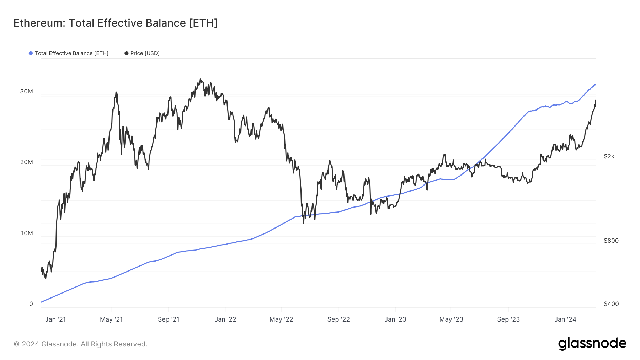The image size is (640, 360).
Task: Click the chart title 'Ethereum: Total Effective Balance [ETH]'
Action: click(x=115, y=23)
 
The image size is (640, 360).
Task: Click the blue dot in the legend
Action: click(x=31, y=53)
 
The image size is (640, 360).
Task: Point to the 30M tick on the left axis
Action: click(x=26, y=91)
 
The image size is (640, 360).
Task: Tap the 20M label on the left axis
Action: click(x=26, y=162)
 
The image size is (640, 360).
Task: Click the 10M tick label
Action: click(x=27, y=233)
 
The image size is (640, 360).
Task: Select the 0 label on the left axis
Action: click(x=31, y=304)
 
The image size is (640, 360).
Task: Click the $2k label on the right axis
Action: click(x=609, y=156)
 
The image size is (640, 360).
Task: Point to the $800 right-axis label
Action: click(x=611, y=241)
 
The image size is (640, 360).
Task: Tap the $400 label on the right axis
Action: click(x=611, y=304)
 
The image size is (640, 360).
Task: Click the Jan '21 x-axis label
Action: click(x=55, y=319)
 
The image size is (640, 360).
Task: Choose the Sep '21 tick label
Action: click(x=168, y=319)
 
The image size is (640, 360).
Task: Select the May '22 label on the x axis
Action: click(x=281, y=319)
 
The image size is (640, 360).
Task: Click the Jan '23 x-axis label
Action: click(x=395, y=319)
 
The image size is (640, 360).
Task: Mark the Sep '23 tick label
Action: click(x=508, y=319)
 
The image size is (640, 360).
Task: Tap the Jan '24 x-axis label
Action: click(x=565, y=319)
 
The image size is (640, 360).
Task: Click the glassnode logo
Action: click(x=592, y=344)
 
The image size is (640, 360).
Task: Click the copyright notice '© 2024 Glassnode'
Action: click(x=80, y=344)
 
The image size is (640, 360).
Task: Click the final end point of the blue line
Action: click(x=595, y=85)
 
